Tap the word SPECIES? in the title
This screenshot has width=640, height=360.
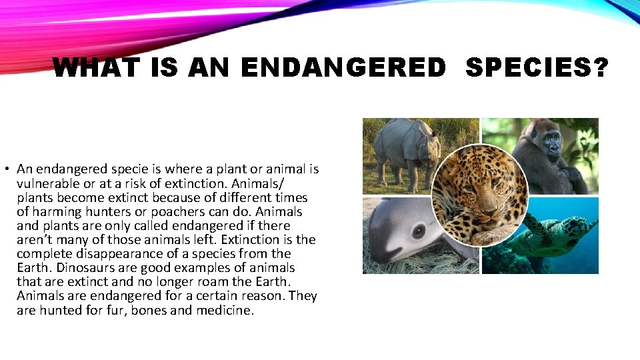(537, 67)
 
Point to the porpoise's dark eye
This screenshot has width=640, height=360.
(419, 231)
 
